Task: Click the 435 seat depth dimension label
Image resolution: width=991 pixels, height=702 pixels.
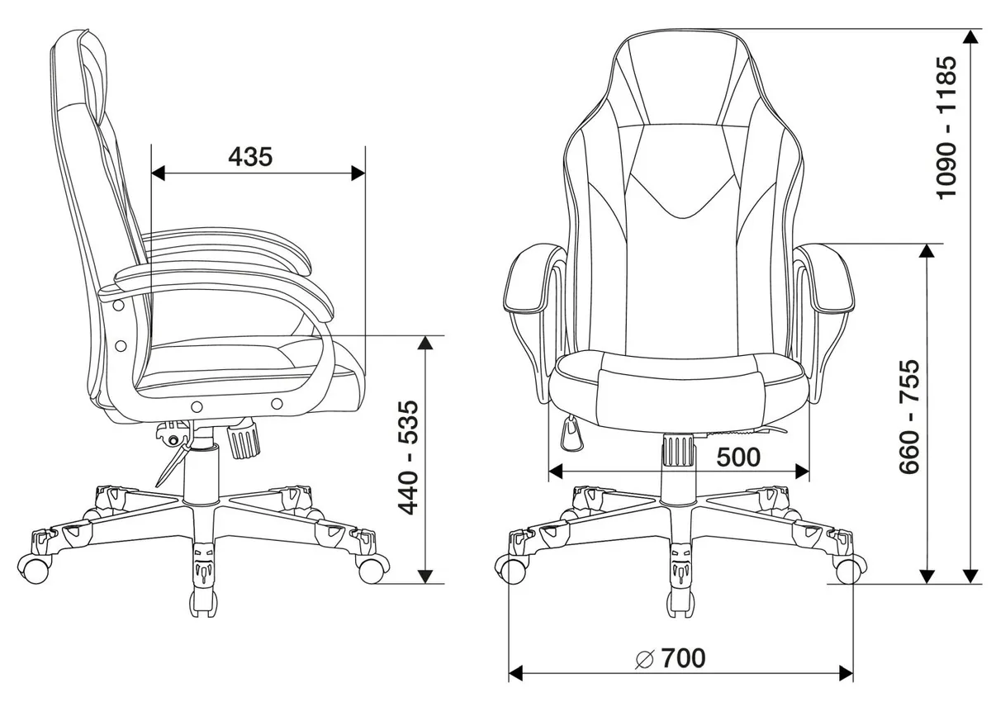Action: click(250, 157)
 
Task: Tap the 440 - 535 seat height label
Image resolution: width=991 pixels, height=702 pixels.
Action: click(408, 458)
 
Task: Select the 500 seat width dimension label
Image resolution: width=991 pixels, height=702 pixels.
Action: click(738, 458)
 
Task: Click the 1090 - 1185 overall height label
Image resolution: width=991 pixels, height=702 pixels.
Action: click(946, 128)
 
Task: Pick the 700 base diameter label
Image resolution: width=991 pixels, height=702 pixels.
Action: click(684, 658)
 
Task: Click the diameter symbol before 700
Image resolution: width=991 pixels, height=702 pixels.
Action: click(644, 659)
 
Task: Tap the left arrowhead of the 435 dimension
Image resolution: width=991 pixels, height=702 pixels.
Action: click(158, 173)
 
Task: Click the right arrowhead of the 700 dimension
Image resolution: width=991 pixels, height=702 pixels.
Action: click(846, 674)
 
